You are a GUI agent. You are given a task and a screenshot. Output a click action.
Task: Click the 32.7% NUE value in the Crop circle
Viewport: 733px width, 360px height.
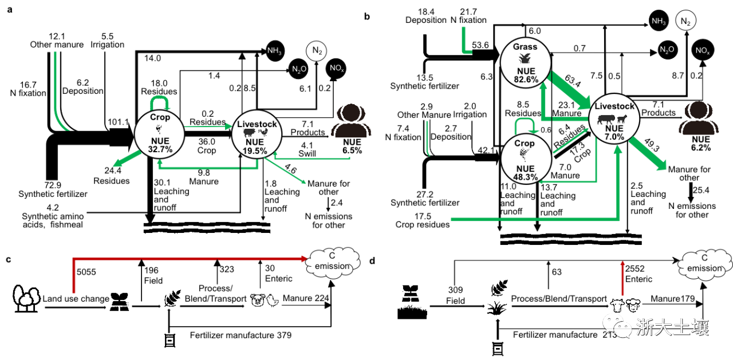tap(160, 149)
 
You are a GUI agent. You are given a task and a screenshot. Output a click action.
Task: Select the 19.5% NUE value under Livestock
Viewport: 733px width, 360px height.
tap(255, 151)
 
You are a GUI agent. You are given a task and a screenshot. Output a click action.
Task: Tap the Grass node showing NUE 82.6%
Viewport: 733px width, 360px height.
tap(526, 63)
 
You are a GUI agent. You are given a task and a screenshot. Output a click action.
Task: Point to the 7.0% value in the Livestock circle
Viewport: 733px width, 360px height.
tap(614, 137)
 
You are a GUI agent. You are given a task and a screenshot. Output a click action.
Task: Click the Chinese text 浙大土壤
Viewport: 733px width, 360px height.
tap(672, 327)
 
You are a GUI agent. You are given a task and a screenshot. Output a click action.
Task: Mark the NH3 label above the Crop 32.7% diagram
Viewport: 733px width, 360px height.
tap(274, 51)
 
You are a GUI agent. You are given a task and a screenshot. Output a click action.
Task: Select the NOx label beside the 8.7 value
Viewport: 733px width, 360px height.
tap(703, 51)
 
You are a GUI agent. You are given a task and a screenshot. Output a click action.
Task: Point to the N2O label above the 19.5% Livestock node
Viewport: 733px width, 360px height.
tap(299, 69)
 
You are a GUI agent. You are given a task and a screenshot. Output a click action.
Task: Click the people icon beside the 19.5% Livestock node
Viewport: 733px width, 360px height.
tap(351, 121)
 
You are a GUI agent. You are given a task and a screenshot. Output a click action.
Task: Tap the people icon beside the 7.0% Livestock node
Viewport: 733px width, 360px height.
tap(699, 118)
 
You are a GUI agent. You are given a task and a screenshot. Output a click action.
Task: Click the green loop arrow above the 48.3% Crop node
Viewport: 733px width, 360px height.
tap(525, 124)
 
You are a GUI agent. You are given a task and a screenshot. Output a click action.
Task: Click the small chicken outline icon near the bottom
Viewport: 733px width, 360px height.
tap(272, 300)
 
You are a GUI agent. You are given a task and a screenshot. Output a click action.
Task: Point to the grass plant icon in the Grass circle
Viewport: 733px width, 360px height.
tap(525, 58)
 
